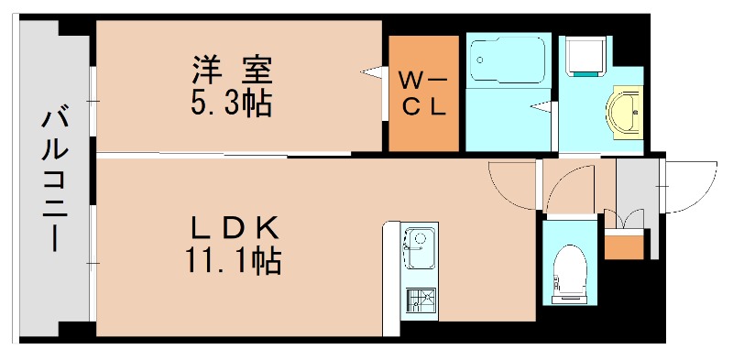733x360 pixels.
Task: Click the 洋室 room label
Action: (232, 71)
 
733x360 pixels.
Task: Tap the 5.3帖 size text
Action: (230, 104)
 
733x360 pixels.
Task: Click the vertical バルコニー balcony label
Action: (54, 180)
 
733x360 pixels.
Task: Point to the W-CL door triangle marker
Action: (373, 72)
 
